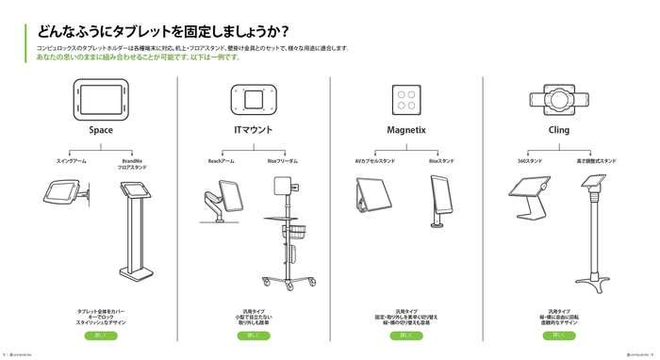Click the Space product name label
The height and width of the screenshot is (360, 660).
point(101,131)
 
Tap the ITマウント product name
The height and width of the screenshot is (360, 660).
point(253,131)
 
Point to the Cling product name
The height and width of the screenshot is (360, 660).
point(558,131)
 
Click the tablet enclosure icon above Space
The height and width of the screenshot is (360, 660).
point(101,98)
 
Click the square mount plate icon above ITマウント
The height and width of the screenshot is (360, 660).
point(253,99)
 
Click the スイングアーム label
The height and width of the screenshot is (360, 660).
point(72,161)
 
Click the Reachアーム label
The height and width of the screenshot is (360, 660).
point(222,161)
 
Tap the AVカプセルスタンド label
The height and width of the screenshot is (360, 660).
point(374,161)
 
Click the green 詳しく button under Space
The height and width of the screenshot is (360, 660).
point(101,335)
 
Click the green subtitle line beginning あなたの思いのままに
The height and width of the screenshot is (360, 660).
point(138,57)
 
